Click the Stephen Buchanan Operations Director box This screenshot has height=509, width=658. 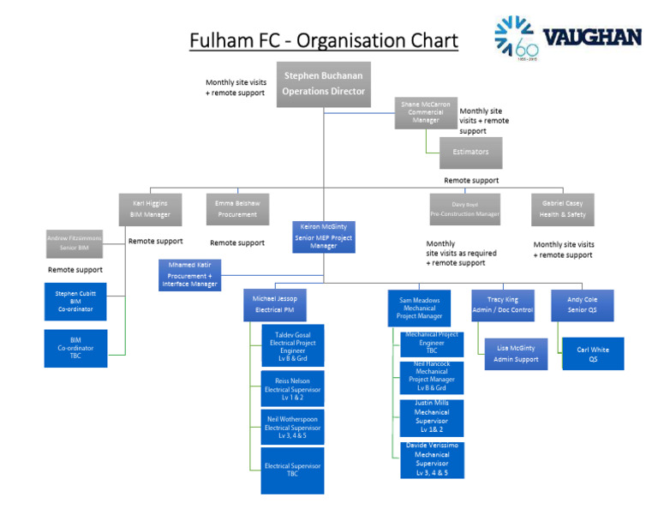(324, 84)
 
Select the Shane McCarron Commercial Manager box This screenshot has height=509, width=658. (425, 113)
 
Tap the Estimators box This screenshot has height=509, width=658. (470, 153)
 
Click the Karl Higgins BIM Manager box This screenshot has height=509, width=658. (150, 209)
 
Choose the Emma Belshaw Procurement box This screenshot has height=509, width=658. (237, 209)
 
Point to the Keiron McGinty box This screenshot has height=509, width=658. (323, 237)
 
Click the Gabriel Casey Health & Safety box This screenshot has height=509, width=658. (562, 209)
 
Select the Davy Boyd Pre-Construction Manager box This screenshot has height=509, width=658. (464, 209)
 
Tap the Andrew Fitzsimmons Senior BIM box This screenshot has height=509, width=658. (74, 243)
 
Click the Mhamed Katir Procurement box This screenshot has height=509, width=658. (190, 274)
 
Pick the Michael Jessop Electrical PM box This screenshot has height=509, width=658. (275, 304)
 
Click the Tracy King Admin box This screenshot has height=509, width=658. (502, 305)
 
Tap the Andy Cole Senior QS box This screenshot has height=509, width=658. (582, 305)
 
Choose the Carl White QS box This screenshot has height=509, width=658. (593, 355)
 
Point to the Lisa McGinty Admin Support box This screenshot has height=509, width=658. (516, 354)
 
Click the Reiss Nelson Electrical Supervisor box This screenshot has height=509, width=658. (292, 389)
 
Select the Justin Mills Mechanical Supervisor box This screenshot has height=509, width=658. (432, 417)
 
